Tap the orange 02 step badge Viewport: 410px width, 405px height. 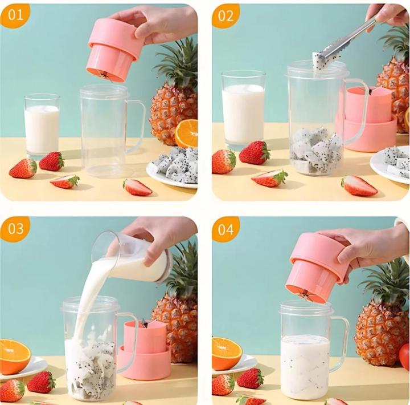click(x=225, y=15)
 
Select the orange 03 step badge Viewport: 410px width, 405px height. click(x=15, y=229)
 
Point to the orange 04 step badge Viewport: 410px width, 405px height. click(x=225, y=229)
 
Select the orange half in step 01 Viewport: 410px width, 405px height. click(x=186, y=133)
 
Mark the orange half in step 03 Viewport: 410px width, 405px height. click(x=14, y=356)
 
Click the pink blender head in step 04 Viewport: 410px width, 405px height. click(x=316, y=265)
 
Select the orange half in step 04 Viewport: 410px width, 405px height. click(x=225, y=353)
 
